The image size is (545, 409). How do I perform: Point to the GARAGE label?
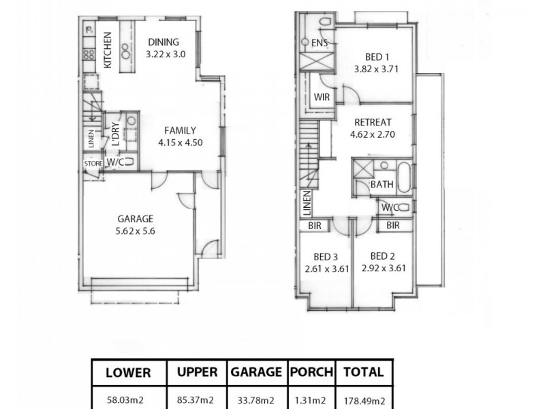(x=135, y=219)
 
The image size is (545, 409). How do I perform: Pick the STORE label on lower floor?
(x=93, y=164)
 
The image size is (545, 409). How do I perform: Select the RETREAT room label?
(x=373, y=123)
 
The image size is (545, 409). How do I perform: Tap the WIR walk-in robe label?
(x=322, y=97)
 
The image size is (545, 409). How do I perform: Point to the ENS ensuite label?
(x=320, y=44)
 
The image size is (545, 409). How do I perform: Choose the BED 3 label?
(x=326, y=257)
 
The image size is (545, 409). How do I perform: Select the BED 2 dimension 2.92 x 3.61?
(x=384, y=268)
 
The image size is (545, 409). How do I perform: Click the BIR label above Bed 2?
(x=393, y=225)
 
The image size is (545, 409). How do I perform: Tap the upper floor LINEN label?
(x=307, y=202)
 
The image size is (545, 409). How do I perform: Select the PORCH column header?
(x=311, y=372)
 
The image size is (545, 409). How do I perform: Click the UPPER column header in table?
(x=198, y=372)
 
